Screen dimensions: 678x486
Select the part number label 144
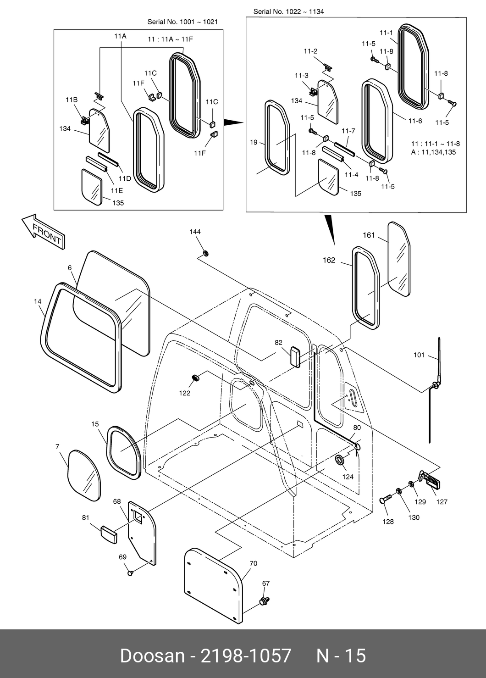click(195, 232)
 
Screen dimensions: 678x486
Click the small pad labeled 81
click(108, 534)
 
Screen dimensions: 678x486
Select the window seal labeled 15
click(123, 452)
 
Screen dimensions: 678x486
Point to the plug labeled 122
click(196, 378)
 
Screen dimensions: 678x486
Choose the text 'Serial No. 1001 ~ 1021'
click(182, 22)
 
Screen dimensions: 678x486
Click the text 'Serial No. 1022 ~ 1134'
click(288, 12)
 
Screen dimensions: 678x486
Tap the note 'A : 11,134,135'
click(433, 152)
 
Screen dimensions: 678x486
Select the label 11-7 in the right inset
click(348, 131)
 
